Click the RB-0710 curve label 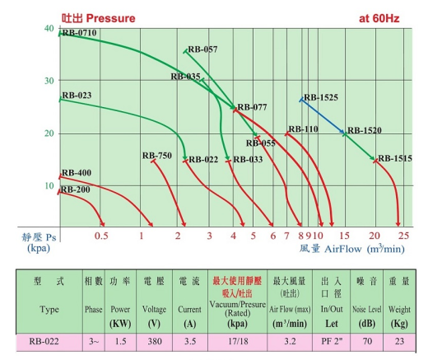tap(80, 33)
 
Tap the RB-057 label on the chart tap(202, 49)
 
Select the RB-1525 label tap(321, 97)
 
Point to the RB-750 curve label tap(157, 156)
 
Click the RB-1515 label tap(395, 158)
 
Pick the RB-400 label tap(77, 173)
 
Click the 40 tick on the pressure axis tap(49, 28)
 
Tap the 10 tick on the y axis tap(49, 186)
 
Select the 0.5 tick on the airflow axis tap(101, 236)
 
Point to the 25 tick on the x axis tap(403, 236)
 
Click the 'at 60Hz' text tap(379, 18)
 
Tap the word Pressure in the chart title tap(110, 18)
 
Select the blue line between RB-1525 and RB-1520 tap(323, 116)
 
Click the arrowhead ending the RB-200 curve tap(102, 224)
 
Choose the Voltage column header tap(154, 310)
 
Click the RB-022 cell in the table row tap(44, 341)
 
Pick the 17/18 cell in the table tap(238, 341)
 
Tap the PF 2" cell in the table tap(332, 341)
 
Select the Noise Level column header tap(367, 310)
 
